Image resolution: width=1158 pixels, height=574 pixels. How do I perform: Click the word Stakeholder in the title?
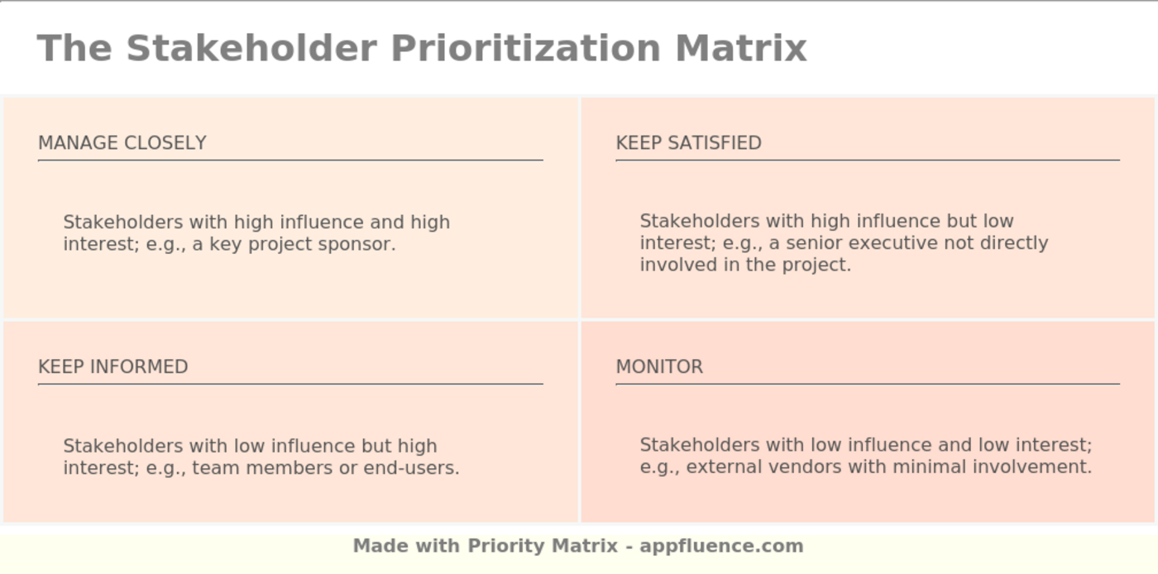coord(251,48)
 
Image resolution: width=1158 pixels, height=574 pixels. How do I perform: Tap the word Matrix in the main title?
coord(740,48)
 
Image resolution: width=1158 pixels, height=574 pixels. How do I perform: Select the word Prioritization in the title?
coord(525,48)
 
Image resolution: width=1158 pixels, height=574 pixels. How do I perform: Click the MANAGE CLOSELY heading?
coord(122,143)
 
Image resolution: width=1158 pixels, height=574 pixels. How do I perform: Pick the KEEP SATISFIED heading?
coord(688,143)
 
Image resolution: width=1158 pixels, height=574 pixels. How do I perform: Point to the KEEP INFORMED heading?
coord(113,366)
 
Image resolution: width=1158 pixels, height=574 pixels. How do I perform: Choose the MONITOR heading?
coord(659,366)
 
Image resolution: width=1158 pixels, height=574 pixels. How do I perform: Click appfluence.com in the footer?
coord(721,546)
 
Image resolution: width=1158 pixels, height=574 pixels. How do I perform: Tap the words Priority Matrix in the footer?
coord(543,546)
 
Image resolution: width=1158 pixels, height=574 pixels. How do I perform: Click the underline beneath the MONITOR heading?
coord(868,384)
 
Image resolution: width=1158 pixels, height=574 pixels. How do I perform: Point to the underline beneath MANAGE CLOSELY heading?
coord(290,160)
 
